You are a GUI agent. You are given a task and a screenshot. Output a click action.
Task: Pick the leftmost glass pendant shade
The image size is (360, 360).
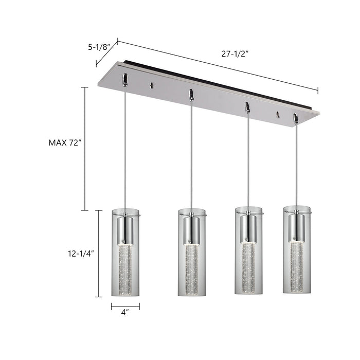[125, 252]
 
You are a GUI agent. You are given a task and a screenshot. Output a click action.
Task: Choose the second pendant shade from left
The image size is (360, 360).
[191, 252]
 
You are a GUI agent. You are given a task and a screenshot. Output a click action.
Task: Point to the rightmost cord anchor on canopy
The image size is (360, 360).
[295, 119]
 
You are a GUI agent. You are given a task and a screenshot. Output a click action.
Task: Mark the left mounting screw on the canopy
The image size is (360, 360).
[151, 86]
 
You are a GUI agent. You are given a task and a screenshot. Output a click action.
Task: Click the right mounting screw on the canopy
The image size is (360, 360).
[278, 114]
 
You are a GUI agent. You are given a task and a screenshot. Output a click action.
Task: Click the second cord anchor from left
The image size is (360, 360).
[191, 94]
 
